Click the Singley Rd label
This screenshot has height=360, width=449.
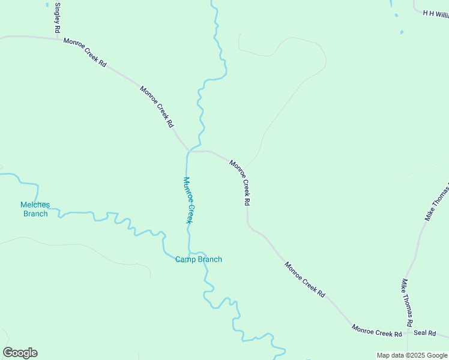coord(58,18)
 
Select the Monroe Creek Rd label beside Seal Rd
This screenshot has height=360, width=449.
coord(377,331)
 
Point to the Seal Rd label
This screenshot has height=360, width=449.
coord(424,333)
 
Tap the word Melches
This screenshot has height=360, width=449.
coord(35,205)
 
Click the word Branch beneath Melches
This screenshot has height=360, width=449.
coord(35,214)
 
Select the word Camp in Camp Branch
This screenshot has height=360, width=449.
coord(184,259)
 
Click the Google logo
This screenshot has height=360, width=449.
coord(20,353)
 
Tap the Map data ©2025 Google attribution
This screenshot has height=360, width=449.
coord(412,355)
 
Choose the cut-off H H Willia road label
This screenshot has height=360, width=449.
coord(436,14)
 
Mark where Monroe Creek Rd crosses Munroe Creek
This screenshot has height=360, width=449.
coord(188,151)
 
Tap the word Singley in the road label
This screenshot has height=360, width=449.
coord(58,12)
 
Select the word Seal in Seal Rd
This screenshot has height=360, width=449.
coord(420,333)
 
